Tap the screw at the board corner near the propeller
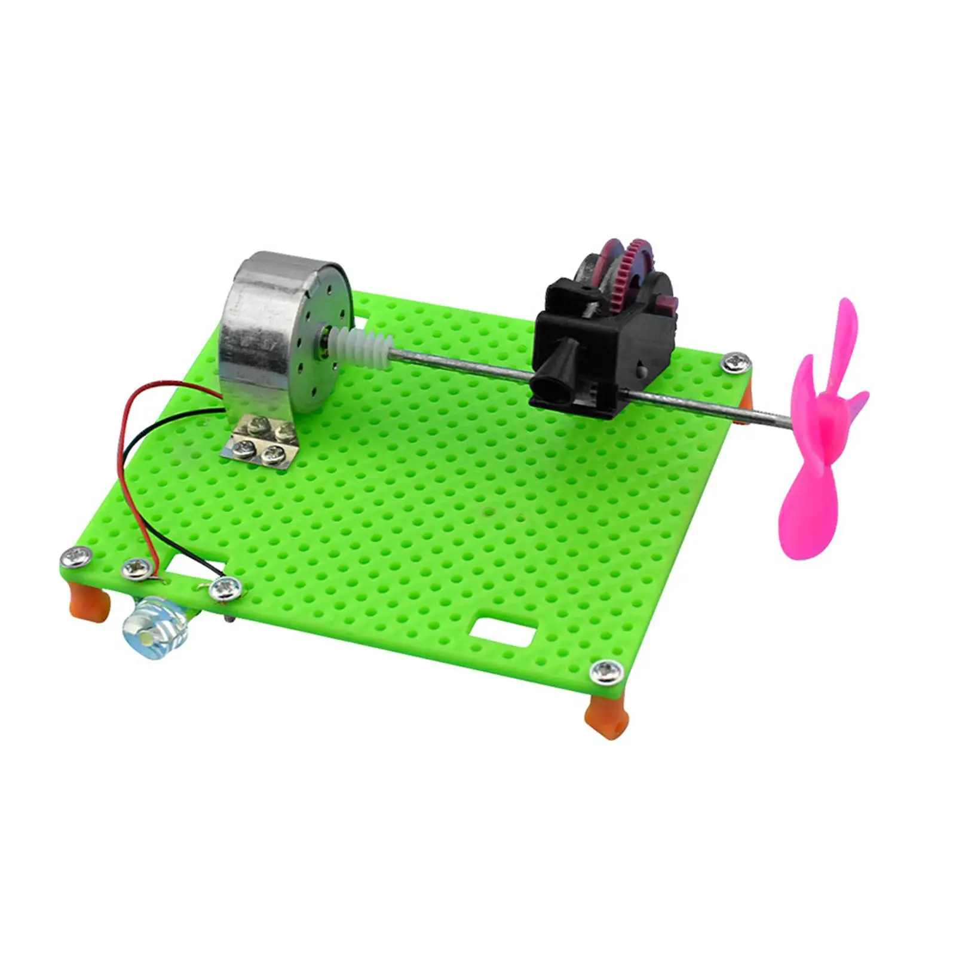[x=734, y=361]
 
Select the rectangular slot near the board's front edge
[x=502, y=632]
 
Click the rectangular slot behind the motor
[x=364, y=308]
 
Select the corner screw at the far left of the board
[x=78, y=557]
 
